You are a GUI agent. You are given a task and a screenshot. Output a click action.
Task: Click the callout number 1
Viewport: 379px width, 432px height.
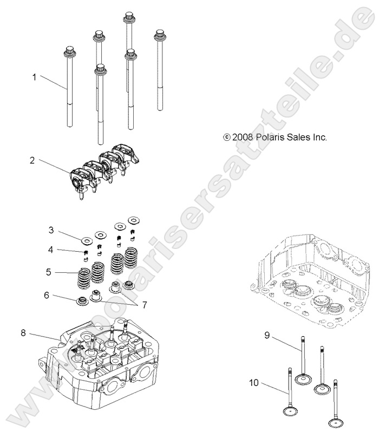pos(34,77)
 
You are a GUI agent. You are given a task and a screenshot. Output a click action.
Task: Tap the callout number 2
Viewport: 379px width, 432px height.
pos(32,160)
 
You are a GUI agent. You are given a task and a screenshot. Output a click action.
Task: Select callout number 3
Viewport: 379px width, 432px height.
pos(50,230)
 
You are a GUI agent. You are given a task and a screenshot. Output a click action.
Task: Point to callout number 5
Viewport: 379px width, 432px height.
pos(49,272)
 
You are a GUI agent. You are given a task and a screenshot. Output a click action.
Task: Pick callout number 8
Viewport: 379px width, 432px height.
pos(23,333)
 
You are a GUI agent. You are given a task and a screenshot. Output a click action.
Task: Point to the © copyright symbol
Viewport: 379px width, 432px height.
pos(227,138)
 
